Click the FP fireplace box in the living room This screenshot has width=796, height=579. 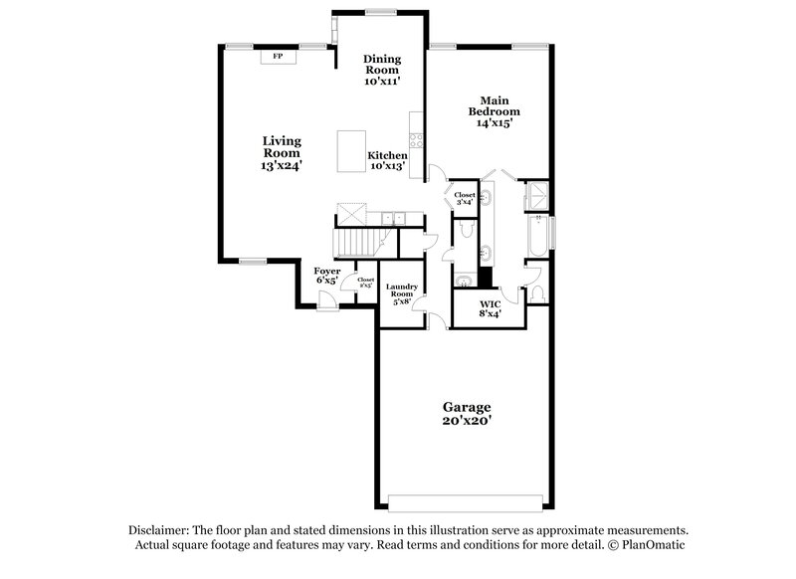(277, 57)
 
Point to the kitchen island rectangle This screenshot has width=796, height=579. (352, 150)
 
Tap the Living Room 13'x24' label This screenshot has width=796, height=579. (282, 153)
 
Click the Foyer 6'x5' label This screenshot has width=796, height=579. (326, 276)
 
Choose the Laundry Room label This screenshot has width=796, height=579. (401, 292)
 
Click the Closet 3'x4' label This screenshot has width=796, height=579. (465, 198)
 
